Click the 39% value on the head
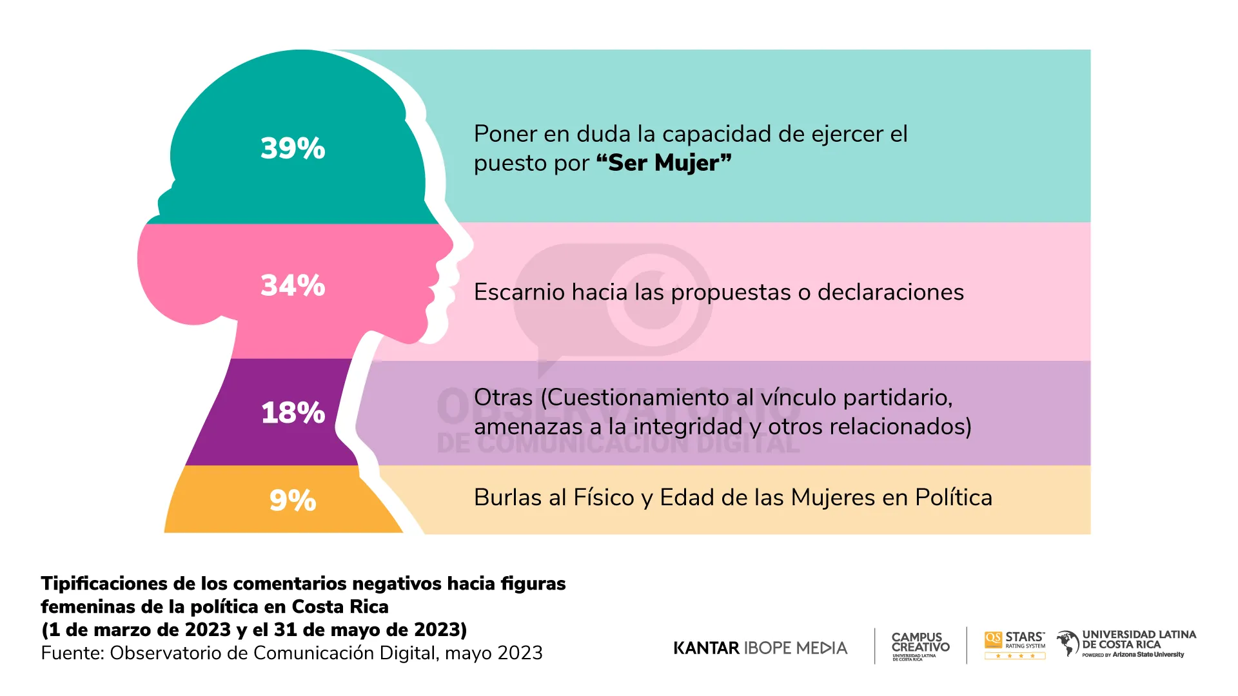point(293,148)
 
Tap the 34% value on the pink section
point(293,285)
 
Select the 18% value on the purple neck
point(293,412)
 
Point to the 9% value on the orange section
point(293,500)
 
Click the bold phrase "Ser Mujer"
point(663,163)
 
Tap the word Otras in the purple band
point(503,398)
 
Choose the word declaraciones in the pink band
point(890,293)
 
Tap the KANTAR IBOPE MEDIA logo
point(760,648)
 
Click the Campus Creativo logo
point(920,645)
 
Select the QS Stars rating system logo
point(1014,644)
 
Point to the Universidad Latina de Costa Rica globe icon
point(1068,643)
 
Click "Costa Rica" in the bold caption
point(340,607)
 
